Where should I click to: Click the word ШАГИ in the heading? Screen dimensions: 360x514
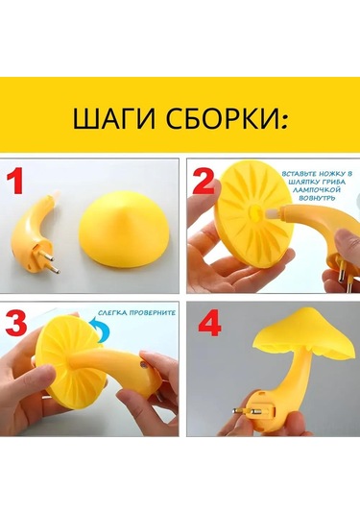tap(113, 117)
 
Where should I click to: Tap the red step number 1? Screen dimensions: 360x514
tap(14, 181)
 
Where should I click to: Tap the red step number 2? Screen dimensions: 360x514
tap(204, 181)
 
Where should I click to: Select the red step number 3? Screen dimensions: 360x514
tap(16, 323)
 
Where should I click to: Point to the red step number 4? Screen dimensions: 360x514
tap(209, 323)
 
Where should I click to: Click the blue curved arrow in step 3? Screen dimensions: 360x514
tap(101, 329)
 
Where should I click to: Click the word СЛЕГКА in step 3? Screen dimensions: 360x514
tap(112, 313)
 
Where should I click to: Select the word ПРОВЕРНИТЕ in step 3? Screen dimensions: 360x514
tap(153, 313)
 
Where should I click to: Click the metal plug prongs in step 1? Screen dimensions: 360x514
tap(52, 262)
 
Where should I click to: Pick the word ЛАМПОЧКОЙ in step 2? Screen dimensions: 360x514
tap(317, 190)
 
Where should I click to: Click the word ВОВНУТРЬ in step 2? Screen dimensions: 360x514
tap(317, 198)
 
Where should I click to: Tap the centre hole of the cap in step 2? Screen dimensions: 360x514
tap(254, 213)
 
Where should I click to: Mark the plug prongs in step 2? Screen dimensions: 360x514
tap(346, 273)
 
